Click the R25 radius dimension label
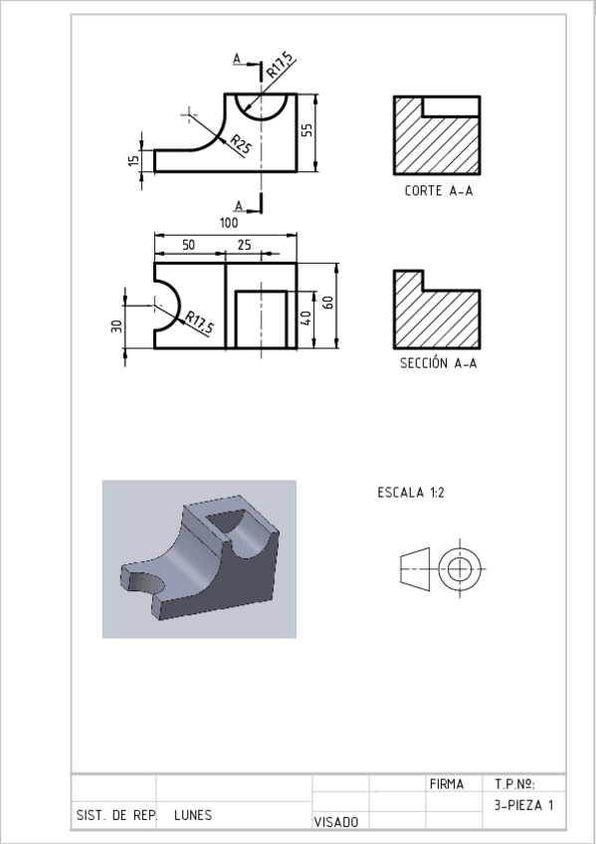point(241,144)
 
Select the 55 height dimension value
point(306,130)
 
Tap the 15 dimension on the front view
point(134,160)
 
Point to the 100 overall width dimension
point(229,223)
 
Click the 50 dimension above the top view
point(188,245)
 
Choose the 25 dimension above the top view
point(244,245)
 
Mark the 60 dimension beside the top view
point(328,302)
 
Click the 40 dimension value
point(305,318)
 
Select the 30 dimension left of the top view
point(116,326)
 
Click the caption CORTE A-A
point(439,191)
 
